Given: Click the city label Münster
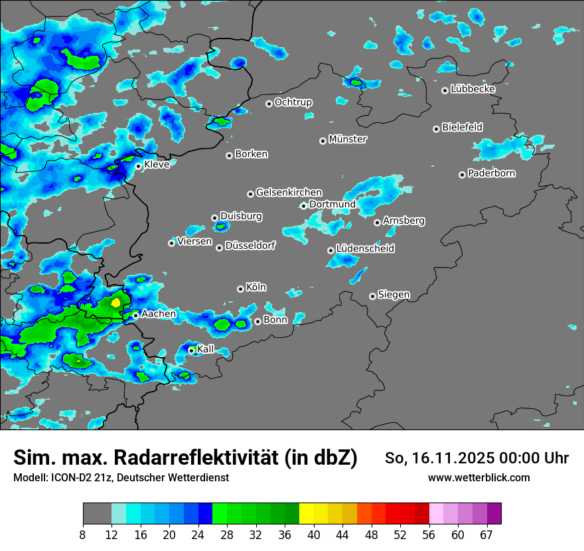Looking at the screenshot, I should [x=348, y=139].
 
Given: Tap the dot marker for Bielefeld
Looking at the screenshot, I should [x=437, y=129].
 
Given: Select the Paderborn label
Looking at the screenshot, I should [x=491, y=173].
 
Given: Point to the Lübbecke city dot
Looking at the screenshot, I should [x=445, y=90].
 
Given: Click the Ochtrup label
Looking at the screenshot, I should [x=293, y=102].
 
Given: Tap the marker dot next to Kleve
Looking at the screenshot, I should [x=138, y=166].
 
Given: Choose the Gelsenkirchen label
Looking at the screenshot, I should [x=289, y=193].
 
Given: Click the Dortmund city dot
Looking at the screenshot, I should [x=303, y=206].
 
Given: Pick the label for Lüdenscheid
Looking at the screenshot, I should [x=365, y=249].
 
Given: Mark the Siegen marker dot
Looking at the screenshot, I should [x=372, y=296].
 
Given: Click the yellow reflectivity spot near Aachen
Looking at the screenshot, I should [x=116, y=302].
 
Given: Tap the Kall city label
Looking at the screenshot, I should [x=206, y=349].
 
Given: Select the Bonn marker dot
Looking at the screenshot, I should [x=257, y=321].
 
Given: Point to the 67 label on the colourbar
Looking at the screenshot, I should [x=486, y=535].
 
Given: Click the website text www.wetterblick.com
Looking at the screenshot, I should [x=478, y=477].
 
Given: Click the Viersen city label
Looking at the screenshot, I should [x=194, y=242].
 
